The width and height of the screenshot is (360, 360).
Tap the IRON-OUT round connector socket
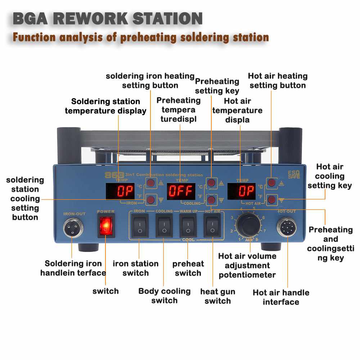click(x=73, y=228)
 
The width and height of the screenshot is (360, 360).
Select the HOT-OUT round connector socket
click(x=286, y=228)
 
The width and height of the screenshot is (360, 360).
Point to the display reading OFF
click(x=181, y=191)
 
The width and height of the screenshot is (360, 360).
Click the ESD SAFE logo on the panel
click(x=293, y=174)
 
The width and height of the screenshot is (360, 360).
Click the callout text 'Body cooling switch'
click(x=165, y=296)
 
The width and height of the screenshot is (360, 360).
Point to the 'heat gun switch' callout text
click(x=217, y=296)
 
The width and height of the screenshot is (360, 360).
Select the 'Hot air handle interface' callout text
click(x=281, y=297)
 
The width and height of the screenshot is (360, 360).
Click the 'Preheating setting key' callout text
click(x=217, y=86)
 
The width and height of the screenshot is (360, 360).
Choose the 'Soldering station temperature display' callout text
click(x=105, y=106)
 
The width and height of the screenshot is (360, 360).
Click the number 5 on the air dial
click(x=254, y=208)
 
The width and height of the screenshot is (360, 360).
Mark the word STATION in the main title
click(x=167, y=19)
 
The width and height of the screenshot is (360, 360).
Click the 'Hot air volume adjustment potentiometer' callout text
click(x=247, y=266)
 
